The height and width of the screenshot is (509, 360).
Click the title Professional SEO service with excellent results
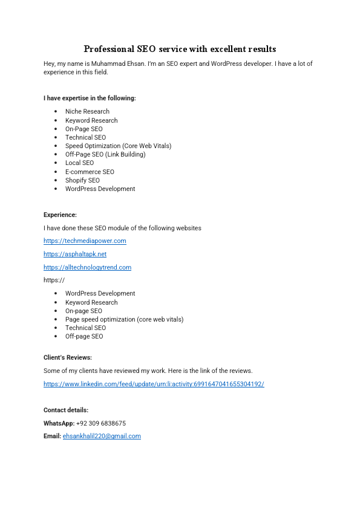180,48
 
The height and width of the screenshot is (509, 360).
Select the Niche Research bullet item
87,111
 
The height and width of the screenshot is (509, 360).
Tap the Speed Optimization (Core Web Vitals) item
118,146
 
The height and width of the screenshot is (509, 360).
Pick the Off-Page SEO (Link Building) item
105,154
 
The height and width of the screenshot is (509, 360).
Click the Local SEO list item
79,163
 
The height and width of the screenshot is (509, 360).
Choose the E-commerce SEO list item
90,172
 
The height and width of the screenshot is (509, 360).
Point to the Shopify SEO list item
82,180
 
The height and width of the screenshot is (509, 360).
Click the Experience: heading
60,215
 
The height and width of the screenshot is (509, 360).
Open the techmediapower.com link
85,241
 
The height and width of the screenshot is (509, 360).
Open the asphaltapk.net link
75,254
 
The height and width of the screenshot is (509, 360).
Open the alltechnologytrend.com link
87,267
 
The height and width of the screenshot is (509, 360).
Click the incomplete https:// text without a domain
54,280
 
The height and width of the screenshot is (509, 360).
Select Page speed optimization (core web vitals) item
124,319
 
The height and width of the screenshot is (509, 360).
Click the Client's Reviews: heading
68,357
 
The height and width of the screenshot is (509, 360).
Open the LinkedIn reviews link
154,384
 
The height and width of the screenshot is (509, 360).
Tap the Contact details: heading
66,410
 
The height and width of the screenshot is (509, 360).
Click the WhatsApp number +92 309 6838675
101,423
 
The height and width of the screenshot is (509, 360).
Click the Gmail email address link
102,436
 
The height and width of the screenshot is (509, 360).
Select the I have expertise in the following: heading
90,98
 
